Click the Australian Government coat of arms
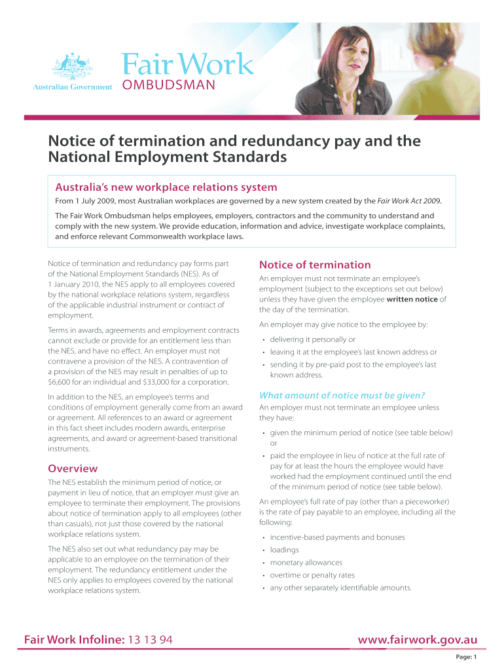coord(72,66)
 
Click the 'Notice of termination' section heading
coord(315,265)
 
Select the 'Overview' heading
coord(73,469)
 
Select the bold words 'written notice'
coord(412,299)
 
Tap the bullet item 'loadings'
coord(285,550)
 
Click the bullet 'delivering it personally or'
coord(313,339)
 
